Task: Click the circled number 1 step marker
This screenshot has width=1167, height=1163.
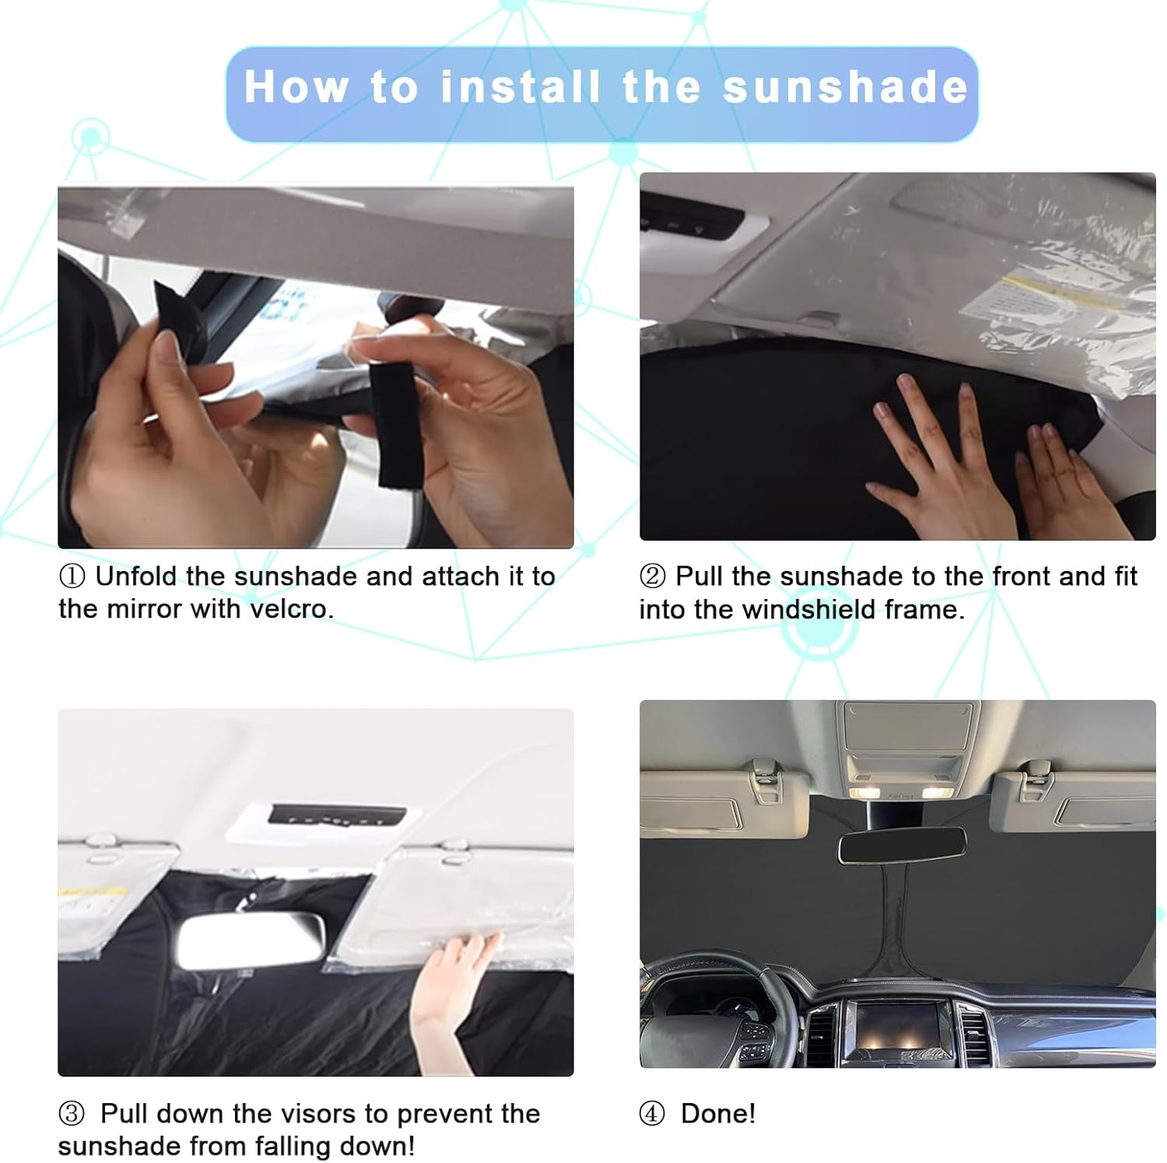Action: [x=72, y=576]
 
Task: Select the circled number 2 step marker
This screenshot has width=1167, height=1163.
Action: [x=652, y=576]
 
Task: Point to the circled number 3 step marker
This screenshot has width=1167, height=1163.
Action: [x=72, y=1113]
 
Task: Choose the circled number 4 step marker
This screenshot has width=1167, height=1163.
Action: [x=652, y=1113]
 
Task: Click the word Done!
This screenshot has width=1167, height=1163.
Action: [x=717, y=1113]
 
